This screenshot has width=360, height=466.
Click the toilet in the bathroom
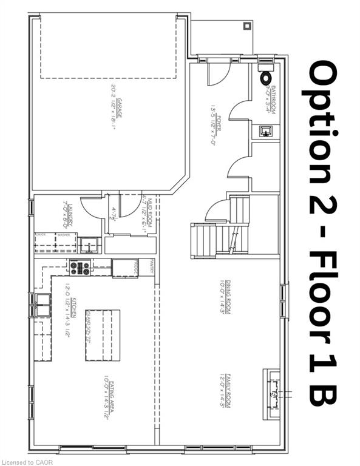tap(265, 78)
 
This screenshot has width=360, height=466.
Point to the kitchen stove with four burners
tap(80, 267)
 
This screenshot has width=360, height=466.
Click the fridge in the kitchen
tap(124, 268)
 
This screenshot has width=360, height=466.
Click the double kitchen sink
tap(42, 306)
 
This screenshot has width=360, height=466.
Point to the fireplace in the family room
tap(271, 394)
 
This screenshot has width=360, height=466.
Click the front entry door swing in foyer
tap(217, 75)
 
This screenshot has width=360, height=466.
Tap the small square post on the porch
tap(247, 26)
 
